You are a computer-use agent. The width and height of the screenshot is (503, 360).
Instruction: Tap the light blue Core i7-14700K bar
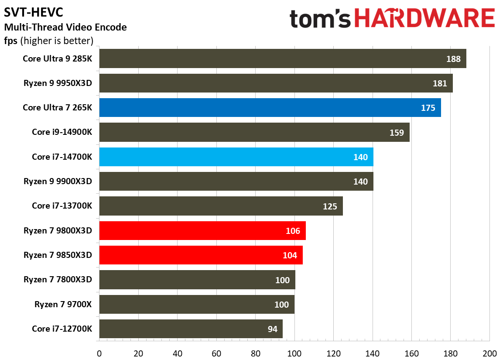coord(236,157)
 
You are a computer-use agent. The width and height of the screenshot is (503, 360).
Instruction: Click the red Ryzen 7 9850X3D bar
coord(201,255)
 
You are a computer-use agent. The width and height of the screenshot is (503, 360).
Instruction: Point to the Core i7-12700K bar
coord(191,329)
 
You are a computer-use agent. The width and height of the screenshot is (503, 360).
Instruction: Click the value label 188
coord(453,59)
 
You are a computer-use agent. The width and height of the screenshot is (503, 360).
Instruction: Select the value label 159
coord(397,133)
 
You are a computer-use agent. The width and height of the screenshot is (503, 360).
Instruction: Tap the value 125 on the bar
coord(330,206)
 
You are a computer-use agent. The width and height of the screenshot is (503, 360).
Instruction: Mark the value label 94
coord(272,329)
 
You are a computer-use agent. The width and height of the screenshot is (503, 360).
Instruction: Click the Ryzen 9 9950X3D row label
coord(58,83)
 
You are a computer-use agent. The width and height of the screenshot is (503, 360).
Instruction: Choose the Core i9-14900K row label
coord(62,132)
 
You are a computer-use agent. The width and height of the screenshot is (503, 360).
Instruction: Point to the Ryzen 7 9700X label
coord(63,304)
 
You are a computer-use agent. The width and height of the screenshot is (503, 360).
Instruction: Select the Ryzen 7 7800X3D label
coord(58,280)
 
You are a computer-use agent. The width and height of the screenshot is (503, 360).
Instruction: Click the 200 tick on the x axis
coord(489,353)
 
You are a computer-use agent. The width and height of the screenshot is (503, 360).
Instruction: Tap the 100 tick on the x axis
coord(294,353)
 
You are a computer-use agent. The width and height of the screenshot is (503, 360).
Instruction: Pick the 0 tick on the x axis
coord(99,353)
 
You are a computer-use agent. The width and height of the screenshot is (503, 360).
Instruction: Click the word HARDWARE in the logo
coord(424,19)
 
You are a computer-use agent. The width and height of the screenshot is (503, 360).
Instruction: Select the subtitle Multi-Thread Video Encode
coord(65,27)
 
